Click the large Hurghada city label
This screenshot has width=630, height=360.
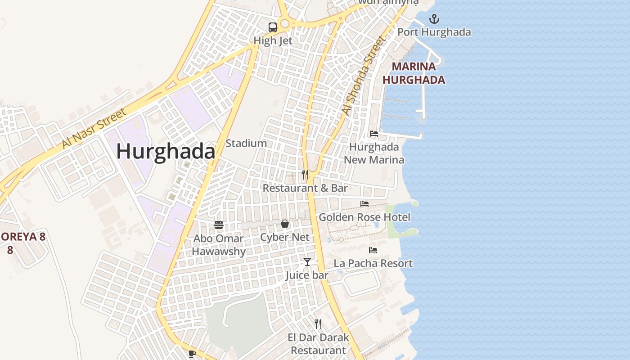(166, 152)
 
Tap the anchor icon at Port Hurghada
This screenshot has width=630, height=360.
(434, 19)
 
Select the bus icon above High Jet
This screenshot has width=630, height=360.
(273, 27)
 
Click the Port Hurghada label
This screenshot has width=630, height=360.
(434, 32)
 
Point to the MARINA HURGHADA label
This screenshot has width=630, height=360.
(414, 73)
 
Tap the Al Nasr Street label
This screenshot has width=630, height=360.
(94, 129)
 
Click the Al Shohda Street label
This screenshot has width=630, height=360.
(364, 76)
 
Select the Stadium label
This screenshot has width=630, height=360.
(246, 144)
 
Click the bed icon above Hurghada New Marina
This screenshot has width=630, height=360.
(374, 134)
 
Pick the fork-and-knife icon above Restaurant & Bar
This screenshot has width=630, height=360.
(305, 175)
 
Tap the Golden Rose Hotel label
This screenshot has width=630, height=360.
(364, 217)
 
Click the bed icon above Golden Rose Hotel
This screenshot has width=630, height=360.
(364, 204)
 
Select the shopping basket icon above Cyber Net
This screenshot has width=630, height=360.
(285, 224)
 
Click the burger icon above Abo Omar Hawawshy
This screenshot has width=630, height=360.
(219, 225)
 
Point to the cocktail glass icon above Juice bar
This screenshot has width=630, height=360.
(307, 261)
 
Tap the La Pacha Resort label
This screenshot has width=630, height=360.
(373, 264)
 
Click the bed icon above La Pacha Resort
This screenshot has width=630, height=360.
(373, 250)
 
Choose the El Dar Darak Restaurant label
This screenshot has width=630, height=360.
(318, 344)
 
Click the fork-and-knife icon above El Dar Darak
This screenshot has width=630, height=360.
(318, 324)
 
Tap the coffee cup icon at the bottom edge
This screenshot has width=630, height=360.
(192, 354)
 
